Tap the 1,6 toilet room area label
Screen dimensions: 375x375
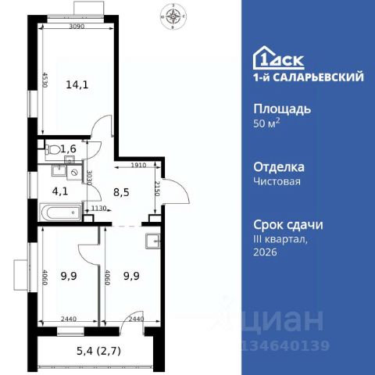[70, 148]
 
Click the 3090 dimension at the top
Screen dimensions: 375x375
[77, 28]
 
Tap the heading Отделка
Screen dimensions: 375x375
[280, 166]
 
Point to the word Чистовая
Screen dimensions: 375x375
[277, 181]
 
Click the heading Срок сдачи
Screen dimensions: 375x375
[289, 224]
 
